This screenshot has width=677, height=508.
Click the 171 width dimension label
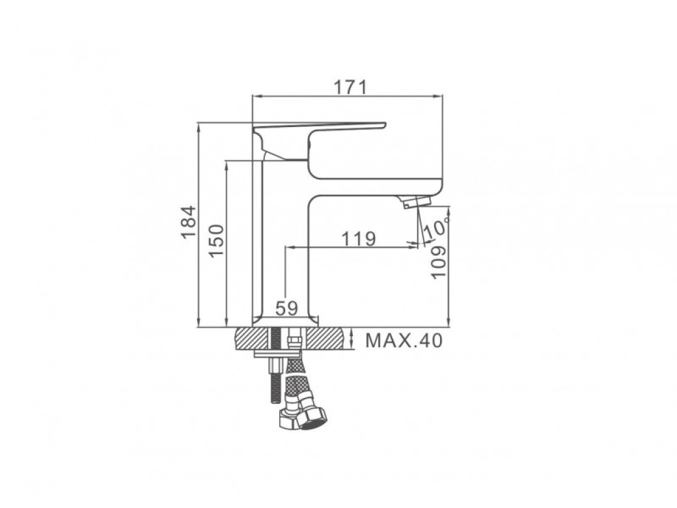[350, 87]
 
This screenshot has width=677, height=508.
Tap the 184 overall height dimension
[189, 222]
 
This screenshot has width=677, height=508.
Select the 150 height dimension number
[217, 240]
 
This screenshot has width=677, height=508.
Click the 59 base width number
[286, 309]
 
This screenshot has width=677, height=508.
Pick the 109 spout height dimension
[438, 262]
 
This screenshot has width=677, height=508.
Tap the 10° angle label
[437, 227]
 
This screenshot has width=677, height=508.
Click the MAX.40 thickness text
[404, 341]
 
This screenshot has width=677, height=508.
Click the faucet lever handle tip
[383, 125]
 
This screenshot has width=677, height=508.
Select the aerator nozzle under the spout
[416, 202]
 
